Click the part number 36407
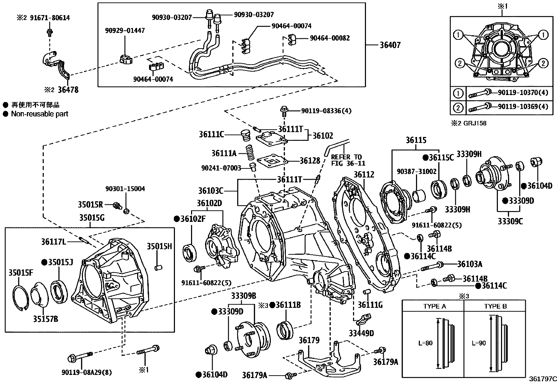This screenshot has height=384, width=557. pyautogui.click(x=390, y=45)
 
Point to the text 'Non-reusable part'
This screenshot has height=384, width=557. pyautogui.click(x=40, y=114)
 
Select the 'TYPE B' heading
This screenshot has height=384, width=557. pyautogui.click(x=495, y=306)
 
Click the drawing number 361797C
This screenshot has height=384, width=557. pyautogui.click(x=542, y=379)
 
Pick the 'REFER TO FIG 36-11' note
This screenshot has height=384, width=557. pyautogui.click(x=348, y=160)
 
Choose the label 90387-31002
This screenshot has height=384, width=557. pyautogui.click(x=416, y=171)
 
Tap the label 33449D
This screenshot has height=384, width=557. pyautogui.click(x=361, y=333)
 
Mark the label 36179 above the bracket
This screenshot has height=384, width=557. pyautogui.click(x=309, y=340)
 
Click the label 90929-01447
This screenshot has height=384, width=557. pyautogui.click(x=125, y=31)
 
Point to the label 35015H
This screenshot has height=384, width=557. pyautogui.click(x=159, y=246)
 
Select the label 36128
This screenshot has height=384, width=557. pyautogui.click(x=310, y=160)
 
